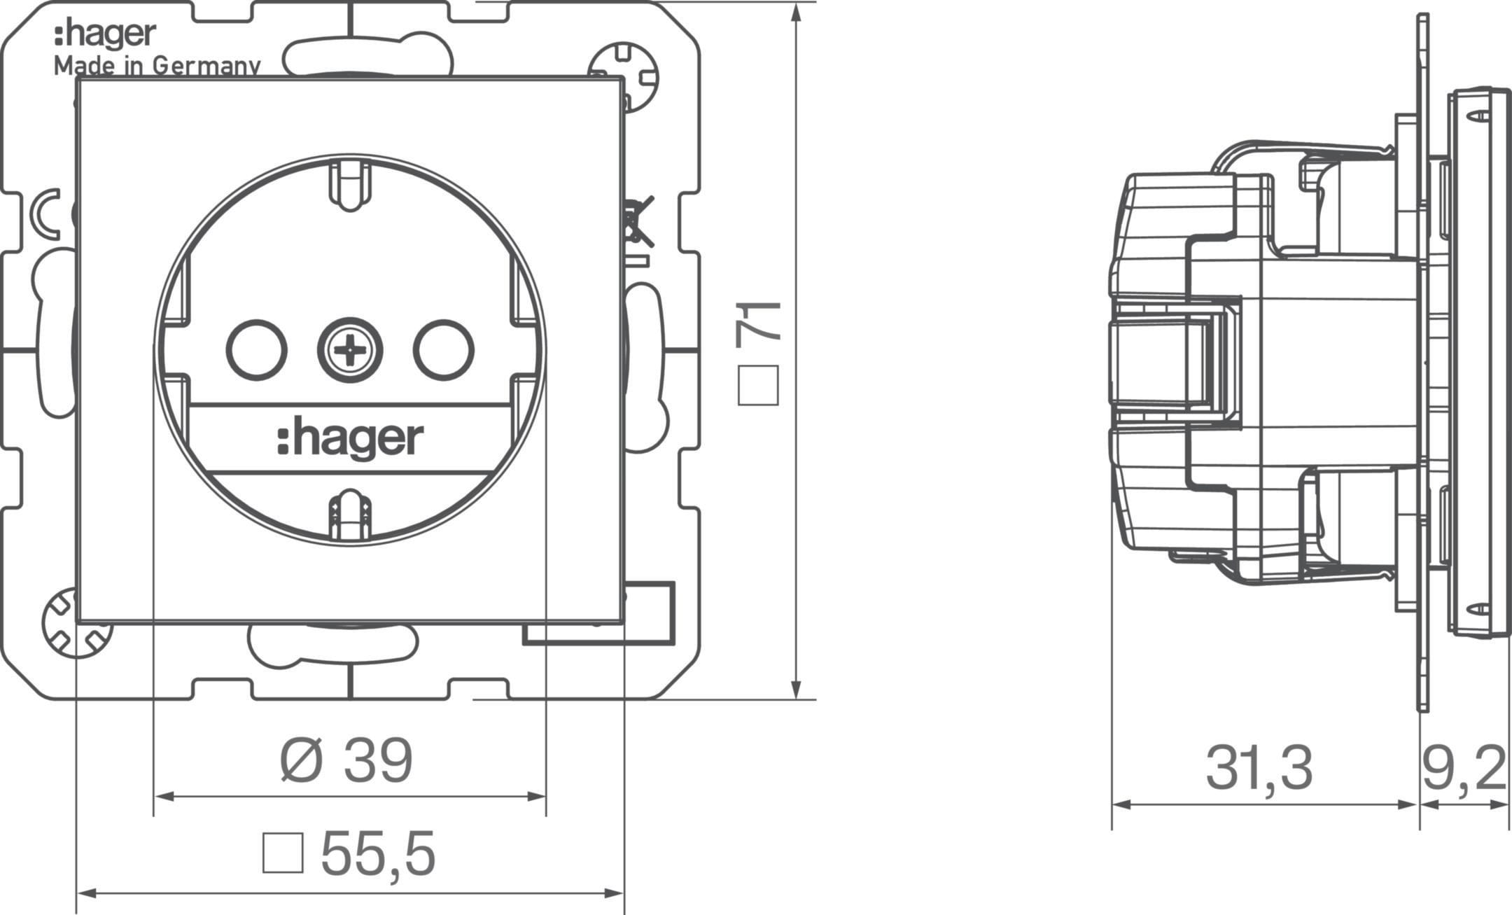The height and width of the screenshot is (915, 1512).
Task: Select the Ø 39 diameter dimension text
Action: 346,761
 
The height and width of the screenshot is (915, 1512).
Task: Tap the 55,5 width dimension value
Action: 378,853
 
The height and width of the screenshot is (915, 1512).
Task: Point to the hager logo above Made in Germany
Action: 105,35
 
